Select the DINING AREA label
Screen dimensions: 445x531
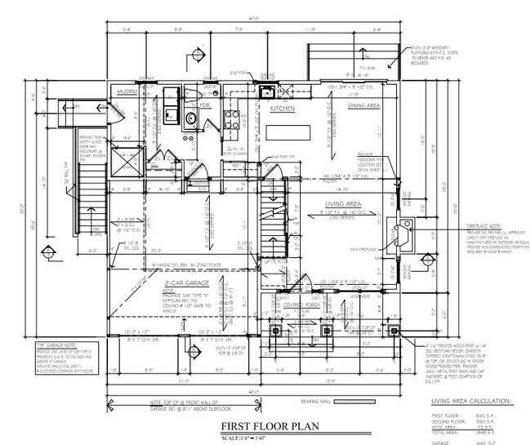point(364,105)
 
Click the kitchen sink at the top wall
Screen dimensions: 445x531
point(266,91)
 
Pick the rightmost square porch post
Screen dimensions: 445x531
point(395,331)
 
